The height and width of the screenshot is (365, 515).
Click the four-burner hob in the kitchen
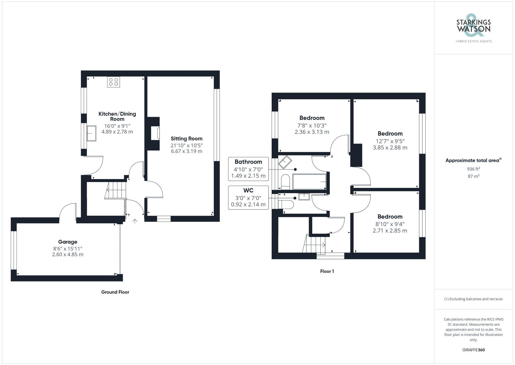click(x=114, y=82)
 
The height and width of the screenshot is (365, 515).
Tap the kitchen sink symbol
click(x=91, y=133)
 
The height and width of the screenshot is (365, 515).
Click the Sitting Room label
click(x=186, y=139)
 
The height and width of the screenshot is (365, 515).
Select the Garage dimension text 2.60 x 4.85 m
click(x=68, y=254)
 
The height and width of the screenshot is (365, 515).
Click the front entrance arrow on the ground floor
click(x=135, y=221)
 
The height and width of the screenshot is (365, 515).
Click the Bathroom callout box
click(x=248, y=169)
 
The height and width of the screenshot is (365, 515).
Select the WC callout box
click(x=248, y=198)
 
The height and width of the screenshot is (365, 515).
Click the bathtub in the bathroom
click(x=309, y=182)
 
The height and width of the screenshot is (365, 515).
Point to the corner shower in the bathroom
click(x=285, y=162)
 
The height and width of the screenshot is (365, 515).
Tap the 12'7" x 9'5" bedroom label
click(x=390, y=134)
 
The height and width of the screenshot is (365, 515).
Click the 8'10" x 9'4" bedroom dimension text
click(x=390, y=224)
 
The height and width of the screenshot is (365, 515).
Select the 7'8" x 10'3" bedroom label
click(x=312, y=118)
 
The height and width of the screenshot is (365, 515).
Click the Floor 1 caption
click(x=327, y=271)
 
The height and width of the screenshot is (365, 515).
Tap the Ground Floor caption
click(x=115, y=292)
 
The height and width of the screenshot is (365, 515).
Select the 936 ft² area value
click(x=473, y=169)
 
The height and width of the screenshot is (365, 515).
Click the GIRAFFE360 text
click(x=473, y=350)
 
